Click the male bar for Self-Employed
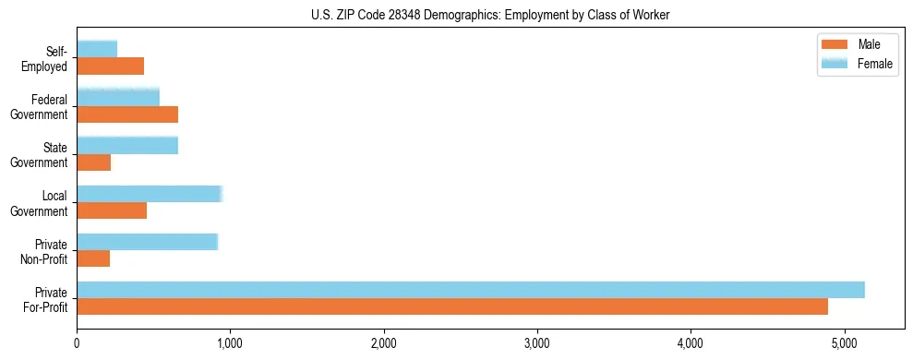point(110,66)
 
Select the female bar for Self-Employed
point(97,49)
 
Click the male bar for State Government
point(93,162)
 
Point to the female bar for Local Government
point(150,193)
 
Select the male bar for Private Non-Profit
point(93,258)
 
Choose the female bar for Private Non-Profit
point(147,242)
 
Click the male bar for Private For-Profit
point(452,306)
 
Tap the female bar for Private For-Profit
point(471,290)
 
